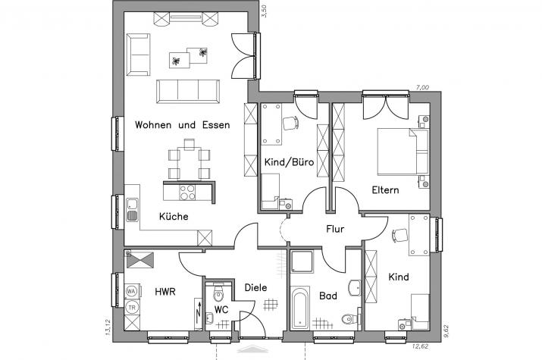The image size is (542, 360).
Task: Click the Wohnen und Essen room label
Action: tap(182, 125)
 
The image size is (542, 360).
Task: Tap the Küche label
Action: tap(174, 217)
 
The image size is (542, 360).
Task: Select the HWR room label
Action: tap(165, 292)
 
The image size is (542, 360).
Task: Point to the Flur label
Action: tap(335, 229)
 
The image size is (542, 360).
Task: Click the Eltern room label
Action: tap(385, 190)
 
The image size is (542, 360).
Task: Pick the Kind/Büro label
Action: tap(289, 162)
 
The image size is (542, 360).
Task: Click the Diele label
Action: tap(255, 287)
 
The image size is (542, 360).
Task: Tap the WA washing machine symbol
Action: tap(131, 291)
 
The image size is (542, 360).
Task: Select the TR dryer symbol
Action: tap(131, 307)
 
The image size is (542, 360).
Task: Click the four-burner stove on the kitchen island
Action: tap(187, 193)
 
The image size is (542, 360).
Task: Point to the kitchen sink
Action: tap(132, 210)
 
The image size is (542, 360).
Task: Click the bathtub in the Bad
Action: tap(299, 307)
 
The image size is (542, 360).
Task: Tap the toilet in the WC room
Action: tap(218, 293)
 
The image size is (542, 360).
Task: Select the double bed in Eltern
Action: tap(403, 152)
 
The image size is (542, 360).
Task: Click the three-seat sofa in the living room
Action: tap(188, 92)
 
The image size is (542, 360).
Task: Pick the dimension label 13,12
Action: tap(108, 327)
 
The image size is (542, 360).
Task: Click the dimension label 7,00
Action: tap(422, 88)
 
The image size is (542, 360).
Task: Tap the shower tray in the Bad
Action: tap(302, 262)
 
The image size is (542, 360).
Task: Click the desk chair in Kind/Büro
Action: tap(290, 123)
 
